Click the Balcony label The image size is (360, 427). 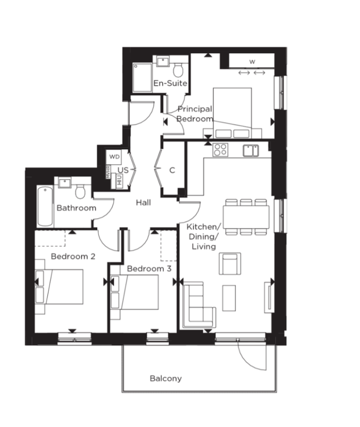(x=165, y=378)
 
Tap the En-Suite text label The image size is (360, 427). (x=170, y=83)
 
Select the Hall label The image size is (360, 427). (x=143, y=203)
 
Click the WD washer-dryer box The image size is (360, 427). (x=114, y=157)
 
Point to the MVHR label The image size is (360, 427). (x=108, y=172)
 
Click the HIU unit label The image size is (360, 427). (x=119, y=180)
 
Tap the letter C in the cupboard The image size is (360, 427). (x=172, y=170)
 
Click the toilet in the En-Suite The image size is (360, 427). (x=178, y=70)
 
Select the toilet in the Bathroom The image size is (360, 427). (x=80, y=191)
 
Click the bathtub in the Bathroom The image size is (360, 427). (x=45, y=206)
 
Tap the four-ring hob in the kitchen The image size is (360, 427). (x=220, y=150)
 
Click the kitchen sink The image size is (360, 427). (x=251, y=151)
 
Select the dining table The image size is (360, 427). (x=246, y=216)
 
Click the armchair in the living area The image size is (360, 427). (x=230, y=264)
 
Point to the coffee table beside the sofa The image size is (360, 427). (x=229, y=298)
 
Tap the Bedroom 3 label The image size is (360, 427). (x=149, y=269)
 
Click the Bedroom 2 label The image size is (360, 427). (x=73, y=256)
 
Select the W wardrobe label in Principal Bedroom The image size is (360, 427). (x=252, y=62)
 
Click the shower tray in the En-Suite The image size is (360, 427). (x=142, y=78)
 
